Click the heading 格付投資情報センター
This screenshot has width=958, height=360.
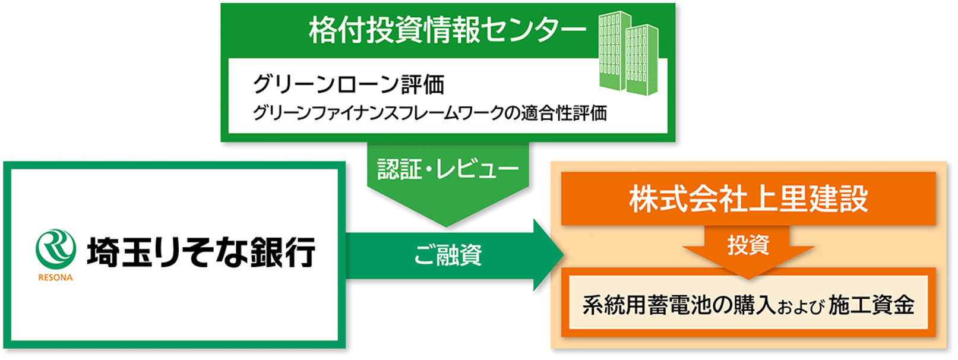pyautogui.click(x=447, y=31)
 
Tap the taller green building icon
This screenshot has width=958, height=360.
pyautogui.click(x=615, y=50)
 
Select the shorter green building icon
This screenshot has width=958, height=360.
pyautogui.click(x=643, y=59)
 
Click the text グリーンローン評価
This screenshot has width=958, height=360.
pyautogui.click(x=349, y=84)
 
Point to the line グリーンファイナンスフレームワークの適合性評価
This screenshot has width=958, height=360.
pyautogui.click(x=430, y=113)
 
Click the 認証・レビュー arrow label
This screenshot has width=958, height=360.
pyautogui.click(x=448, y=169)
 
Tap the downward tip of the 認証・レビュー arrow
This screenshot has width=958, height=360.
pyautogui.click(x=447, y=226)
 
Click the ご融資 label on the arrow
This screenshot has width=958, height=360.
pyautogui.click(x=448, y=255)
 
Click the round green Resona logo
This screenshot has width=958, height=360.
pyautogui.click(x=56, y=250)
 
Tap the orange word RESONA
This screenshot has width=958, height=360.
pyautogui.click(x=56, y=278)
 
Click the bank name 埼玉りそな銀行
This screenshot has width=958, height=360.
pyautogui.click(x=201, y=252)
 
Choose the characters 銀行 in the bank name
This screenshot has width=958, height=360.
pyautogui.click(x=283, y=252)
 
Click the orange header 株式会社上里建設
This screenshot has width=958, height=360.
pyautogui.click(x=748, y=199)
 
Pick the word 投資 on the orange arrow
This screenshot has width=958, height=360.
pyautogui.click(x=748, y=245)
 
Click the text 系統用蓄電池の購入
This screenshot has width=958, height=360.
pyautogui.click(x=679, y=306)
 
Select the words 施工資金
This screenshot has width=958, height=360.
pyautogui.click(x=871, y=306)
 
